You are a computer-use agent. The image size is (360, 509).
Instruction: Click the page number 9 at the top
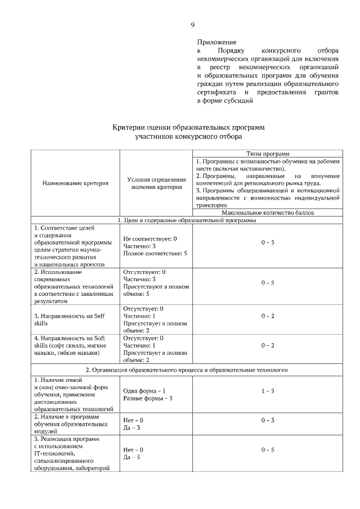coord(192,25)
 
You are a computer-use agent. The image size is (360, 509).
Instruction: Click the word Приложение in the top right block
coord(217,42)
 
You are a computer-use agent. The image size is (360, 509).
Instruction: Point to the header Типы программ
coord(268,153)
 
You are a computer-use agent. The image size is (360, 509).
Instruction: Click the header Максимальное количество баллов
coord(268,213)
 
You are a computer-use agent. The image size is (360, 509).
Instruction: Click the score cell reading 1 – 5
coord(268,390)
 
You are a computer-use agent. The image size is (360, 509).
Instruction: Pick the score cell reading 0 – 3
coord(268,420)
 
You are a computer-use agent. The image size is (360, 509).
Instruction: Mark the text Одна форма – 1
coord(144,390)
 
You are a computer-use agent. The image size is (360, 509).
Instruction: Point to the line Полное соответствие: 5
coord(155,254)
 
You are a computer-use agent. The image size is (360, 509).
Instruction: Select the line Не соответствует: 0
coord(150,239)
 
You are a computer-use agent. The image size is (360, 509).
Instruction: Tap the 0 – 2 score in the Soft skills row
coord(268,345)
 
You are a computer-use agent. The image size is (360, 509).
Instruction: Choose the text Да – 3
coord(131,428)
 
